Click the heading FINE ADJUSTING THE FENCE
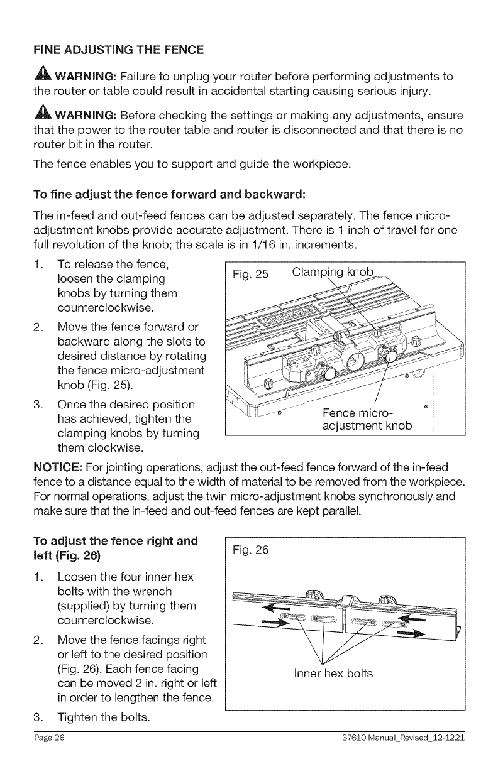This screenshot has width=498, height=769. [x=118, y=49]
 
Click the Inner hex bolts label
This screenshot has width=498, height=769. [x=333, y=674]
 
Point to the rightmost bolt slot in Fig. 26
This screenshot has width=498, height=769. [x=391, y=621]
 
